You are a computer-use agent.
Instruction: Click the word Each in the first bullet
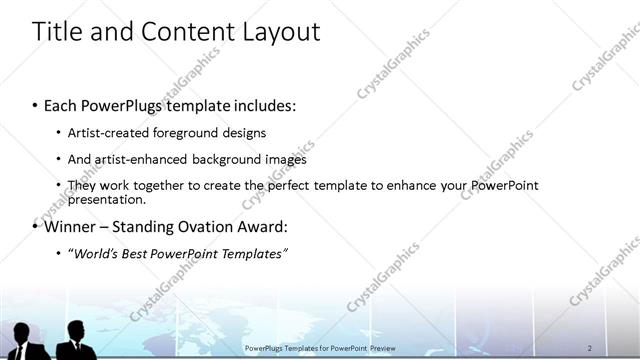coord(63,105)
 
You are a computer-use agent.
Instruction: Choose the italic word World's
coord(95,254)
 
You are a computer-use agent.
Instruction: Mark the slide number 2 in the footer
coord(590,346)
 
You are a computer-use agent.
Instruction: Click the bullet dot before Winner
coord(35,227)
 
